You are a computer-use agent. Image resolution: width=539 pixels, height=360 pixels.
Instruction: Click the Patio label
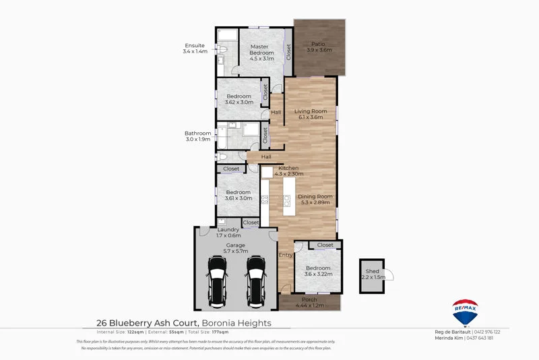pos(319,43)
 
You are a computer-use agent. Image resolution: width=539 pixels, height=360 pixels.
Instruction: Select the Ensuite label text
pos(194,46)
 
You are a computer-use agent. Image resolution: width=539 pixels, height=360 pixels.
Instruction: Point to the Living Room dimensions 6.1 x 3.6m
pos(311,117)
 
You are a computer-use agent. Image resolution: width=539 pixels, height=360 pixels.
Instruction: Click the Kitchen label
pos(288,168)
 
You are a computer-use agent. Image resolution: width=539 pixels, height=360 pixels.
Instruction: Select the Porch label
pos(309,299)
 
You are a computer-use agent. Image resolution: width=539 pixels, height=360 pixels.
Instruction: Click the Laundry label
pos(228,230)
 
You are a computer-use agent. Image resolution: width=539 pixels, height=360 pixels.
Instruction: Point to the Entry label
pos(286,256)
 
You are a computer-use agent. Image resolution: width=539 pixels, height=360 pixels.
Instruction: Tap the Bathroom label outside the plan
pos(198,133)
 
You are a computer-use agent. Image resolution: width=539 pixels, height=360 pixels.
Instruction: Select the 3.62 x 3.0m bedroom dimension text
pos(239,103)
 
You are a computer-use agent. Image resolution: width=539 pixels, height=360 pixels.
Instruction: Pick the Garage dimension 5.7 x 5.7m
pos(235,251)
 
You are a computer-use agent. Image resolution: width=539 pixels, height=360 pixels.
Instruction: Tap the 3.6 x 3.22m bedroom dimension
pos(319,274)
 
